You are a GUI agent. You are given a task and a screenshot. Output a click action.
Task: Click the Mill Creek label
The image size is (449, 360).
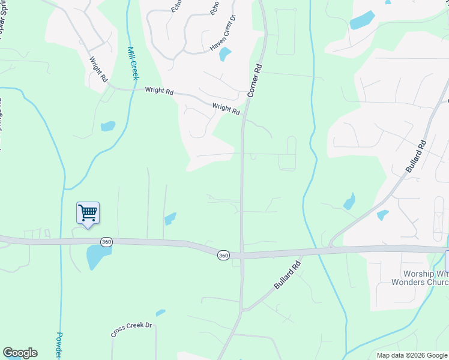tap(133, 64)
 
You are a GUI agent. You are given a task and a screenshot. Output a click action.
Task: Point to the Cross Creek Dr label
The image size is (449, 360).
tap(132, 329)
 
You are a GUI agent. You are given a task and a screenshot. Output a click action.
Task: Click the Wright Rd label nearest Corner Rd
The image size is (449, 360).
tap(226, 109)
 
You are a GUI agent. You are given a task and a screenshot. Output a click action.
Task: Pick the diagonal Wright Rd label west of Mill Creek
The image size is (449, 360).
tap(98, 70)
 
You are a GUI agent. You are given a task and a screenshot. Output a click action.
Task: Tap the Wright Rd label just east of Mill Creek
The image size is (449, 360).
tap(159, 92)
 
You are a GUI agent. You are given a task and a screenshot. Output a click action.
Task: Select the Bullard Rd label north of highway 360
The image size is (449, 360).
tap(415, 157)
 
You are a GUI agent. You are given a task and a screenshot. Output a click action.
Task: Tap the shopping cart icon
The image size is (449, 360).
tap(88, 212)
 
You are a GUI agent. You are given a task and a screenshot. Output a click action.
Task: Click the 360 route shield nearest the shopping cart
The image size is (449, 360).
tap(106, 242)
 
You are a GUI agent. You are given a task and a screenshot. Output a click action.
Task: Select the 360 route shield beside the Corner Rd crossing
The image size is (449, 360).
tap(223, 255)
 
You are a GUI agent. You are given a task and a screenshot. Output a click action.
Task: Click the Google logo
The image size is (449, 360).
tap(20, 353)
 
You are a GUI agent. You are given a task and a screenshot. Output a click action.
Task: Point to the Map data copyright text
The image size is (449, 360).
tap(412, 355)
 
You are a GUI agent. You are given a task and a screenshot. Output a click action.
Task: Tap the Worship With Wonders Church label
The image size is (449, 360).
tap(419, 281)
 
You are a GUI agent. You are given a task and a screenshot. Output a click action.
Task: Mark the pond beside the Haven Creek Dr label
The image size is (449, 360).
tap(225, 55)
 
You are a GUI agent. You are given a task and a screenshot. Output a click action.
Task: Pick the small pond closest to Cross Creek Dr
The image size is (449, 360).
tap(160, 313)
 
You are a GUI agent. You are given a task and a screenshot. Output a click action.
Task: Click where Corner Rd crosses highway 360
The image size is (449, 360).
tap(242, 255)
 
